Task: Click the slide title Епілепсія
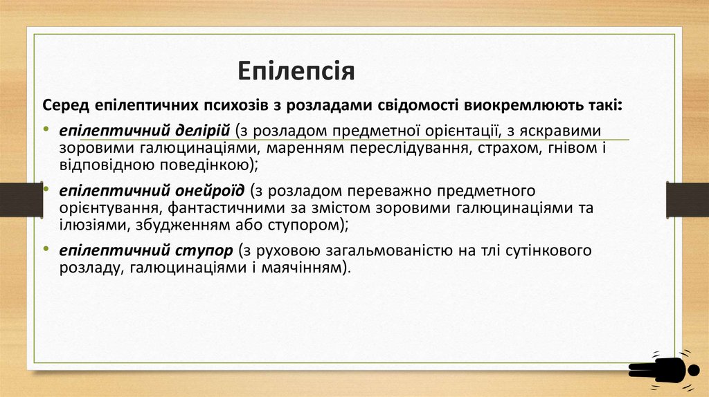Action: [296, 71]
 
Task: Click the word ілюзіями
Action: [87, 224]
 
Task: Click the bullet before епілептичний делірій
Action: [45, 130]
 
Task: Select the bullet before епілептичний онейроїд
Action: [45, 189]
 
